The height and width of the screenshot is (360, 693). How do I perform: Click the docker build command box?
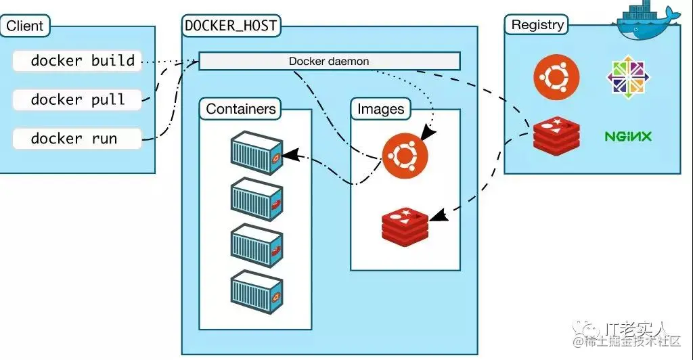tap(77, 61)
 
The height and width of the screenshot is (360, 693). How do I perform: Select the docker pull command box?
tap(77, 99)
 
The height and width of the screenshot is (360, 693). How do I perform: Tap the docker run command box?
tap(77, 139)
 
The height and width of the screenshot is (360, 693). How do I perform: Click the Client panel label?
tap(25, 26)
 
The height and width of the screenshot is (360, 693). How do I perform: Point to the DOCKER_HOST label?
tap(231, 26)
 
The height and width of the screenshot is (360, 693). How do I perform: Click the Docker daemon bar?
tap(329, 61)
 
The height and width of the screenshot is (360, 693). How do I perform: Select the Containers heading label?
tap(241, 109)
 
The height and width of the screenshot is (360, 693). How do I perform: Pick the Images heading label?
tap(380, 109)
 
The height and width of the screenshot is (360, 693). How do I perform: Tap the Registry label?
tap(537, 25)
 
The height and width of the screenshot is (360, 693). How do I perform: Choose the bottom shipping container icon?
tap(256, 292)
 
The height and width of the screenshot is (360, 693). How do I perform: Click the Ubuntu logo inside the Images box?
tap(405, 156)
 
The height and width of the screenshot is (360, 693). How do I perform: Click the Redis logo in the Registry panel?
tap(556, 136)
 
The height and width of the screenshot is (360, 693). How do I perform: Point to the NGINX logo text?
tap(628, 137)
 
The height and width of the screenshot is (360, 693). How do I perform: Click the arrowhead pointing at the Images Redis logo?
tap(437, 215)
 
